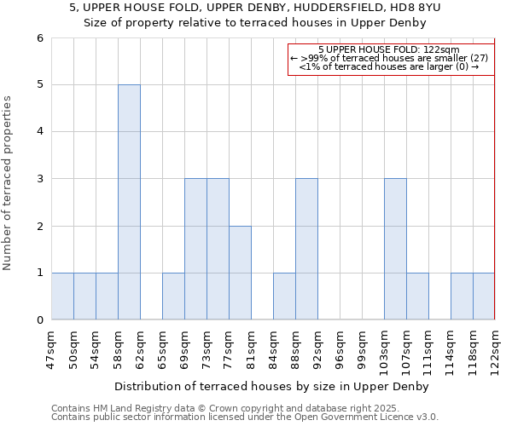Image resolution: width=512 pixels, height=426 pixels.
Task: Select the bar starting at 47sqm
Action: pyautogui.click(x=62, y=296)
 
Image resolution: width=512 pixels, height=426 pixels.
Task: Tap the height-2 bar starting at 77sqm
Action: pyautogui.click(x=240, y=273)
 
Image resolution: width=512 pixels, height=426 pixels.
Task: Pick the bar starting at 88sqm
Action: pyautogui.click(x=306, y=249)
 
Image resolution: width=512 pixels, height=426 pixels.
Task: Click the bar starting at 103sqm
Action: pyautogui.click(x=395, y=249)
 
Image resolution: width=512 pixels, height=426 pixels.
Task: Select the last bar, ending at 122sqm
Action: pyautogui.click(x=484, y=296)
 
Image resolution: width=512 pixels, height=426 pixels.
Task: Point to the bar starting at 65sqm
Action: pyautogui.click(x=173, y=296)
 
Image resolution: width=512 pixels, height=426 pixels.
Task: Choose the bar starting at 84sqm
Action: pyautogui.click(x=284, y=296)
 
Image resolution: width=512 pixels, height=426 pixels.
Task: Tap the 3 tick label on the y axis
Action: pyautogui.click(x=39, y=179)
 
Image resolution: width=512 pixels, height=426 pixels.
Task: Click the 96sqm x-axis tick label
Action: pyautogui.click(x=340, y=347)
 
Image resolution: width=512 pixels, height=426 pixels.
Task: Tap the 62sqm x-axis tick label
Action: pyautogui.click(x=140, y=347)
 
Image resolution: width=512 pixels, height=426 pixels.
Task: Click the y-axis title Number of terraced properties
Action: pyautogui.click(x=8, y=182)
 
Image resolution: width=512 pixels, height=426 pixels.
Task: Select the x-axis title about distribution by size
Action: pyautogui.click(x=272, y=386)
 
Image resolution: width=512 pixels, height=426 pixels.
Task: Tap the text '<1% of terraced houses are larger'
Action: pyautogui.click(x=388, y=66)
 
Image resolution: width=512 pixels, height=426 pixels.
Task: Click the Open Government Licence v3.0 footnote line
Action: pyautogui.click(x=245, y=417)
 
